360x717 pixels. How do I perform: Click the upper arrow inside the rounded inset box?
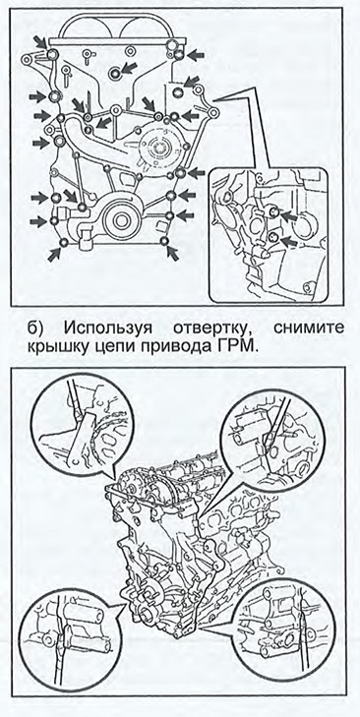(x=287, y=215)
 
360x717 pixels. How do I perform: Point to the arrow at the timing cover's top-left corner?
(x=40, y=43)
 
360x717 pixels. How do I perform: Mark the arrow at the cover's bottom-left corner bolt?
(x=54, y=253)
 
